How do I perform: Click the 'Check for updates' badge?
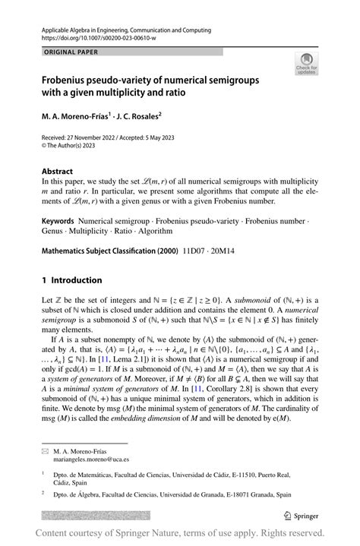tap(308, 65)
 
